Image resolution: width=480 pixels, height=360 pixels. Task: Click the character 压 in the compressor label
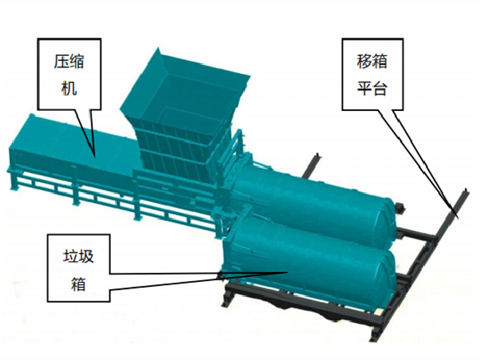coord(61,62)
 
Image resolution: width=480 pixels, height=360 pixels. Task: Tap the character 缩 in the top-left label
coord(76,62)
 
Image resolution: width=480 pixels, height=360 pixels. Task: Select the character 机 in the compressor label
coord(69,88)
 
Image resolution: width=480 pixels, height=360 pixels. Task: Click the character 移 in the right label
coord(364,61)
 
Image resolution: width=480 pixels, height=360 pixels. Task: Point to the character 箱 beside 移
coord(380,61)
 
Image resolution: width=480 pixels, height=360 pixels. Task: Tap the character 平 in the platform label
coord(364,88)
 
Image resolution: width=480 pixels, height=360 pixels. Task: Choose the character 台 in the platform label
coord(380,88)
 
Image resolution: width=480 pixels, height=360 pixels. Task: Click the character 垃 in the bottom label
coord(71,256)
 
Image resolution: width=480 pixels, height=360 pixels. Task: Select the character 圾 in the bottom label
coord(86,256)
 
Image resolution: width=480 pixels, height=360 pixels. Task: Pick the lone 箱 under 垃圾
coord(78,284)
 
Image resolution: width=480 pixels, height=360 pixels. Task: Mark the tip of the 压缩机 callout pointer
coord(95,157)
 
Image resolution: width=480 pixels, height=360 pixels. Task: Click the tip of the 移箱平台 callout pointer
coord(458,218)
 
